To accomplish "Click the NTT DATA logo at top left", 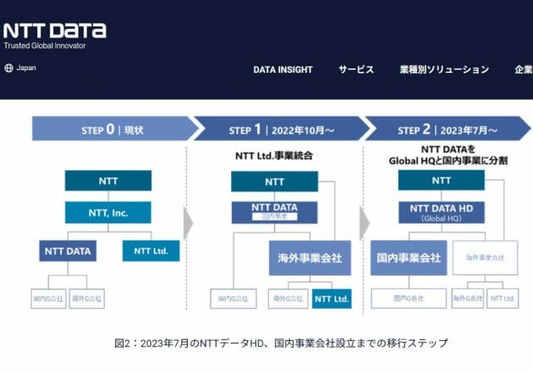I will pyautogui.click(x=55, y=30).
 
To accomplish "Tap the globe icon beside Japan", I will pyautogui.click(x=8, y=68).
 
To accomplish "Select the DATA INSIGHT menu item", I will pyautogui.click(x=283, y=69).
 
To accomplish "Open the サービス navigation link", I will pyautogui.click(x=356, y=69).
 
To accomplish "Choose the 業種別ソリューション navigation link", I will pyautogui.click(x=444, y=69).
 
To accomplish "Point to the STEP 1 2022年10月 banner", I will pyautogui.click(x=279, y=129).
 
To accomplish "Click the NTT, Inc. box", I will pyautogui.click(x=107, y=211).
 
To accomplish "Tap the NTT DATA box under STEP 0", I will pyautogui.click(x=67, y=250).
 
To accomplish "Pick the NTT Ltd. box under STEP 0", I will pyautogui.click(x=151, y=250).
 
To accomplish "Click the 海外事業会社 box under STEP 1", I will pyautogui.click(x=310, y=257).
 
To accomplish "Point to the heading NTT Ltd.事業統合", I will pyautogui.click(x=272, y=156).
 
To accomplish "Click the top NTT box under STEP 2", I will pyautogui.click(x=442, y=180).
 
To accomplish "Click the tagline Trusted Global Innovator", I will pyautogui.click(x=45, y=45).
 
